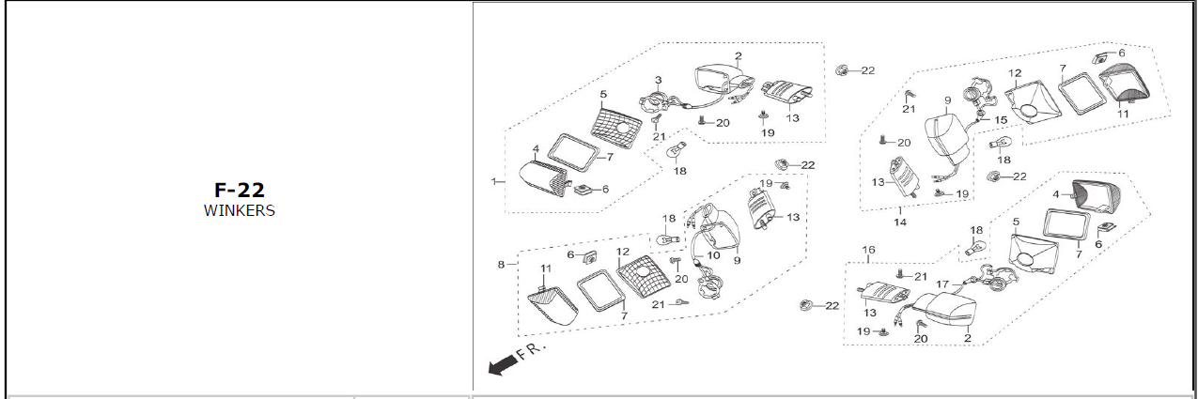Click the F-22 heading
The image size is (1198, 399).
click(x=239, y=191)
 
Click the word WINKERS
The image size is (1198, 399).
click(x=239, y=210)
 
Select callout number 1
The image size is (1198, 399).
click(x=493, y=180)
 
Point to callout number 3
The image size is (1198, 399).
click(x=658, y=80)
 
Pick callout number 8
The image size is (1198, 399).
click(x=502, y=265)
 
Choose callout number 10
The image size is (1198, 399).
click(x=713, y=255)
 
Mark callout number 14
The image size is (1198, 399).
click(x=899, y=223)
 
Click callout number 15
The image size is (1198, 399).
click(x=1000, y=120)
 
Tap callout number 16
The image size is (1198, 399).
click(x=869, y=250)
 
